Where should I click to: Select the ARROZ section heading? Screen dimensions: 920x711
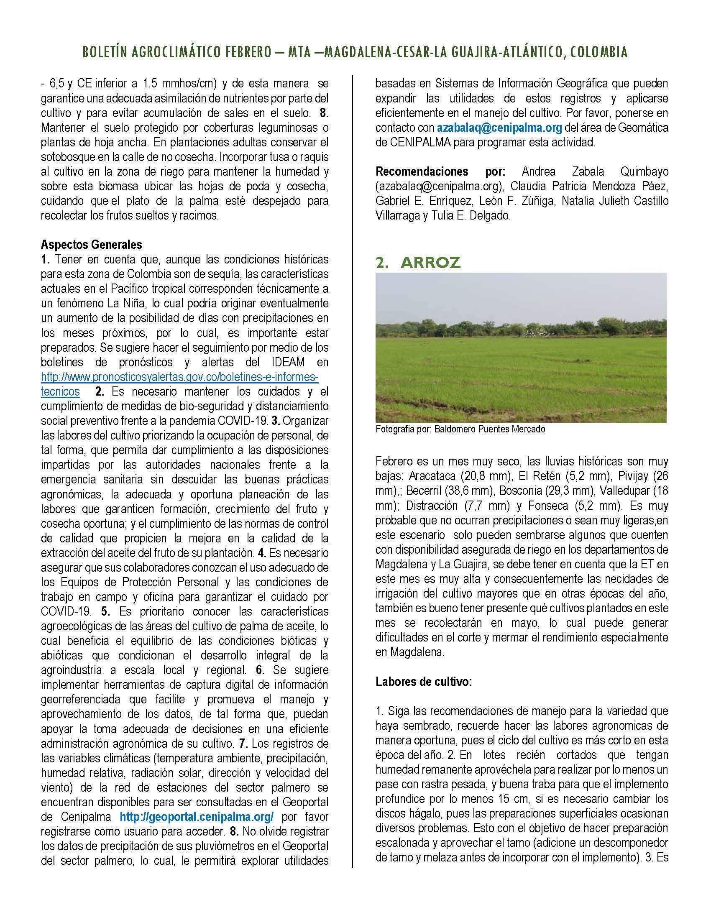tap(430, 263)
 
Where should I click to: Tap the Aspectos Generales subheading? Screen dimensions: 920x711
tap(92, 244)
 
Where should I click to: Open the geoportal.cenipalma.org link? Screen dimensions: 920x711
tap(197, 817)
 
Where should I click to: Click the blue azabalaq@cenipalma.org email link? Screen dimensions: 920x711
tap(499, 128)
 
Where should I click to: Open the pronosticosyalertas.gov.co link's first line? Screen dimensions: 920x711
tap(179, 377)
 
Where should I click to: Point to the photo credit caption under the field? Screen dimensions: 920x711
tap(460, 429)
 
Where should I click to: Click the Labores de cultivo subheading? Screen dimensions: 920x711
tap(424, 682)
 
